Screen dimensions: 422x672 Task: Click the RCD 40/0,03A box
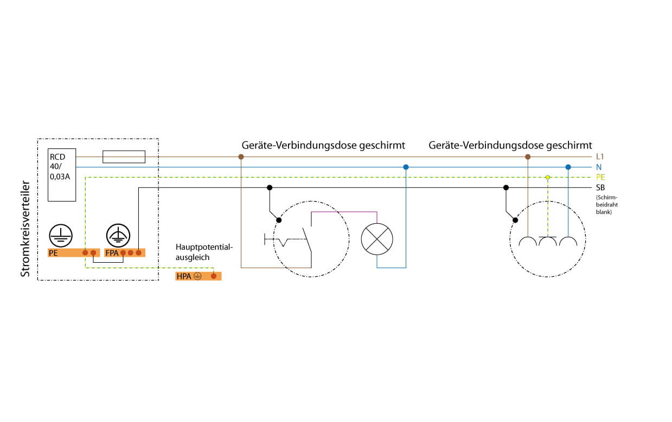click(61, 174)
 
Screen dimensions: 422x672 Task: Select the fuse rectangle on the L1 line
click(124, 157)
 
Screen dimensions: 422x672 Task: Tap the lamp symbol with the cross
click(377, 239)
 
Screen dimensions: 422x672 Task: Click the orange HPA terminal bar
click(199, 276)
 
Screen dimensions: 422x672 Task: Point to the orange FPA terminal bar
click(125, 252)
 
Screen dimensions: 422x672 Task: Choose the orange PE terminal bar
click(74, 252)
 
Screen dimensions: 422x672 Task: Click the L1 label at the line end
click(600, 157)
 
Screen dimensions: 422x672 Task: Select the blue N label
click(598, 167)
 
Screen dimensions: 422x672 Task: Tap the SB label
click(600, 187)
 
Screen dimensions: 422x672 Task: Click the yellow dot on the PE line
click(548, 177)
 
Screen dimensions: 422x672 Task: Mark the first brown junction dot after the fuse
click(241, 157)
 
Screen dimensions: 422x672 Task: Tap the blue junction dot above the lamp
click(406, 167)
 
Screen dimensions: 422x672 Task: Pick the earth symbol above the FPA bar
click(117, 234)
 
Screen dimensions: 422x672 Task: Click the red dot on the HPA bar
click(214, 276)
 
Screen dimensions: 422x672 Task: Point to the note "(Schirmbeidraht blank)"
click(606, 204)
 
